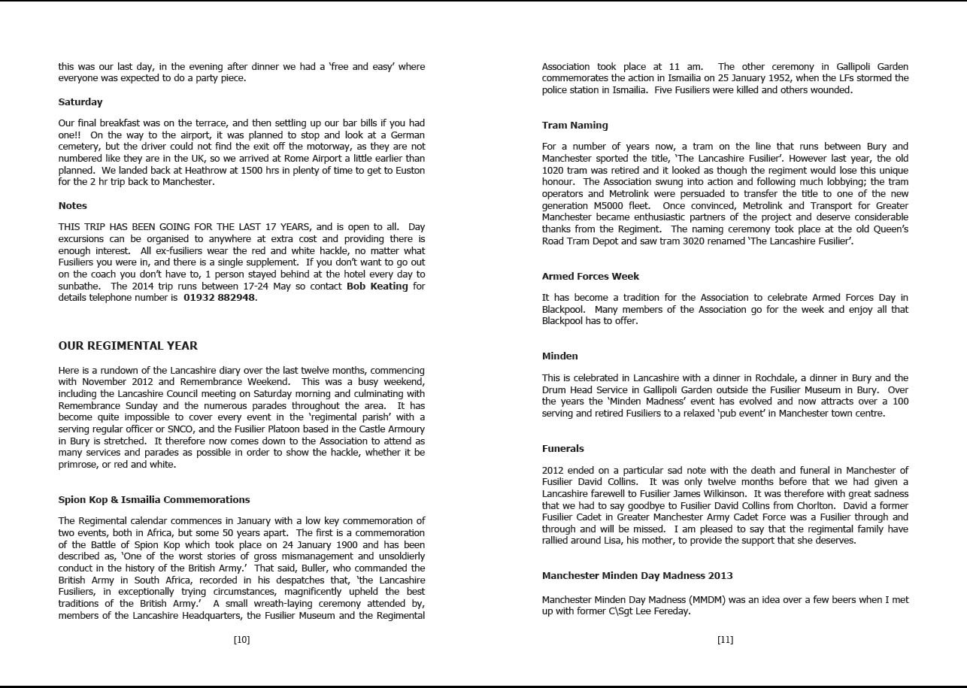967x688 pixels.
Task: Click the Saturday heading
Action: (x=80, y=102)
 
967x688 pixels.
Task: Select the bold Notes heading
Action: (x=73, y=205)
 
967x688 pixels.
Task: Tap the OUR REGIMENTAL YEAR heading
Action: (x=128, y=346)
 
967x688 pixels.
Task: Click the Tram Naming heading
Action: (x=574, y=125)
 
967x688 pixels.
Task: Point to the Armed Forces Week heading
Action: (x=590, y=276)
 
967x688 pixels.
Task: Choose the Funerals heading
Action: (x=562, y=448)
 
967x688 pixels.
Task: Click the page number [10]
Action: (x=241, y=639)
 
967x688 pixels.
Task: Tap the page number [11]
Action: (x=725, y=639)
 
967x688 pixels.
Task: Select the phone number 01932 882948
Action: (x=219, y=297)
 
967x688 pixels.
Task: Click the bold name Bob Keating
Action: (x=377, y=286)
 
